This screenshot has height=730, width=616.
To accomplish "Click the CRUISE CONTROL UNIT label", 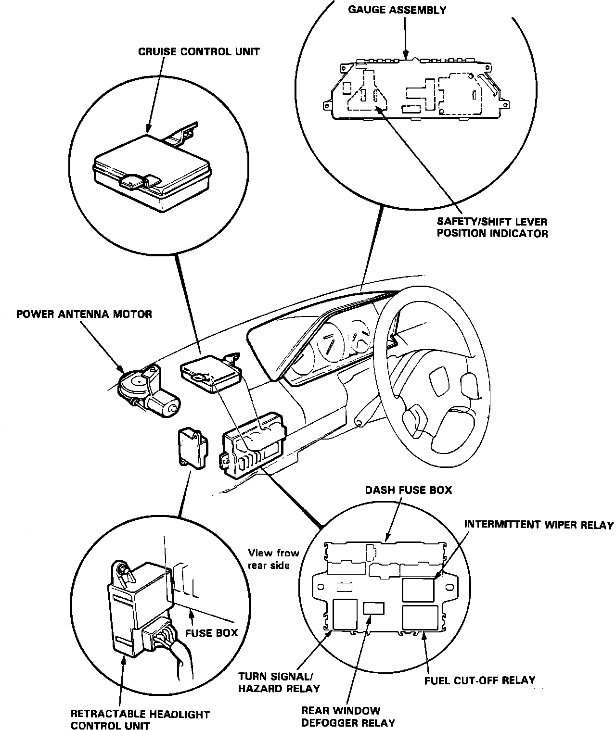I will coord(199,51).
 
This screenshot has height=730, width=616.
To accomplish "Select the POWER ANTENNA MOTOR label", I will coord(84,314).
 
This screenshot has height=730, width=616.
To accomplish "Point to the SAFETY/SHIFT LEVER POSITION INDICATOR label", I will coord(492,227).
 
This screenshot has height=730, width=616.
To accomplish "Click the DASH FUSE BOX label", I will coord(409,490).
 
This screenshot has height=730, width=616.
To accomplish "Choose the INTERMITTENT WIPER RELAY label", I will coord(539,525).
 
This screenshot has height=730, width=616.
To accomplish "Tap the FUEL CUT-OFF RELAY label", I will coord(480,680).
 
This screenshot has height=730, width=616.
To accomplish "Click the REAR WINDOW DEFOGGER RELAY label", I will coord(347,716).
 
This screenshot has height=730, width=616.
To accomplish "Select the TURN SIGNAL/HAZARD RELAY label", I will coord(279,682).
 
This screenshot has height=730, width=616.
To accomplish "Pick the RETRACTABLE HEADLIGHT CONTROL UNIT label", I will coord(140,719).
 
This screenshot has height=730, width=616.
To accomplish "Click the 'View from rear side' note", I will coord(273,559).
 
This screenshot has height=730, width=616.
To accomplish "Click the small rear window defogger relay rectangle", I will coord(374,608).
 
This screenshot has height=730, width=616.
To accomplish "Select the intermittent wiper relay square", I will coord(418,590).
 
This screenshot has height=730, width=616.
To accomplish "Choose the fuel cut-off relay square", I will coord(420,617).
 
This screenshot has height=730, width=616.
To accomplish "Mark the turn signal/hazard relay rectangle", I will coord(345,614).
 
